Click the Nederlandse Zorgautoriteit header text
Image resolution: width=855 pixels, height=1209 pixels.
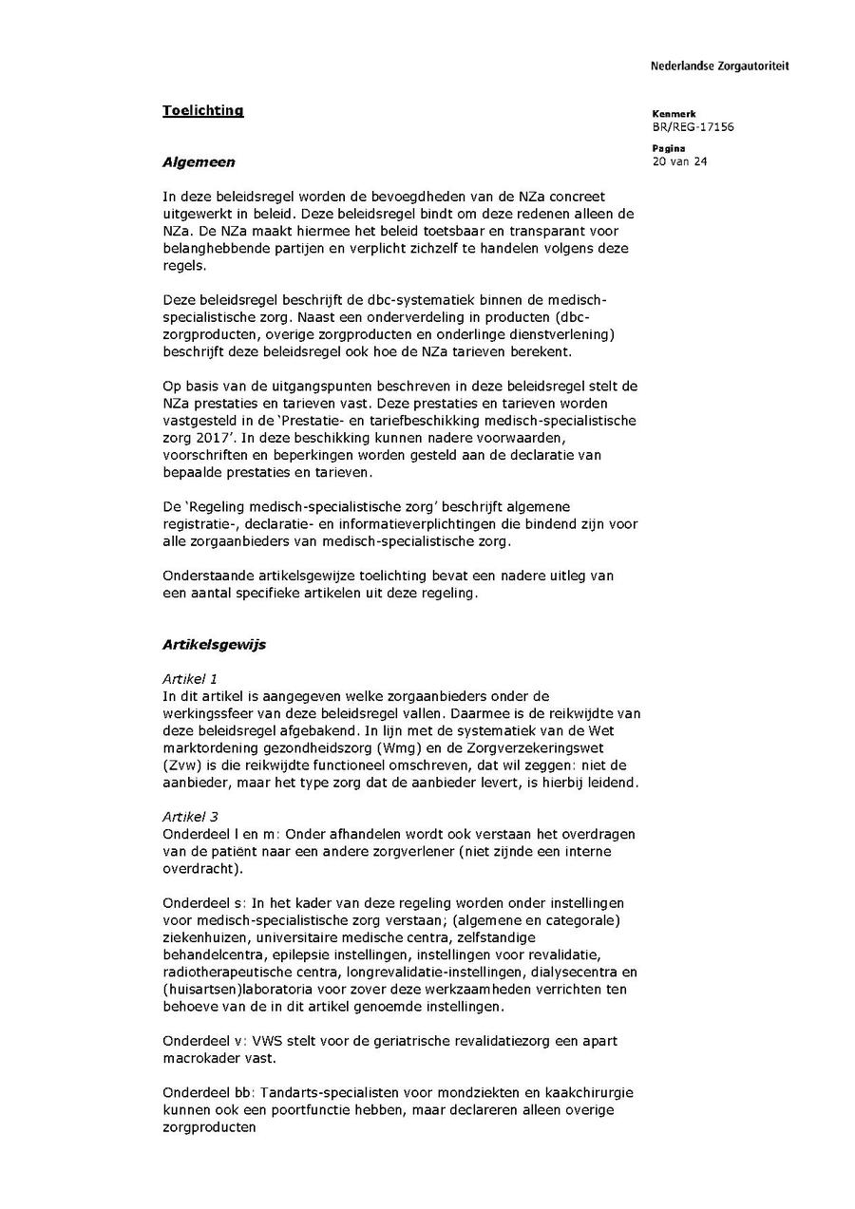click(719, 66)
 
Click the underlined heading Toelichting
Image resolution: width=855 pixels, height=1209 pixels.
click(202, 110)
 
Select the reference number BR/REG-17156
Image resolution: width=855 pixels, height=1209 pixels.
click(693, 127)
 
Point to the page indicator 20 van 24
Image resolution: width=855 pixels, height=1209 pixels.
click(679, 161)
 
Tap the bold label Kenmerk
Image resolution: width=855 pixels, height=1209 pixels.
click(674, 114)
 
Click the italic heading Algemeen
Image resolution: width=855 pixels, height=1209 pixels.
click(199, 162)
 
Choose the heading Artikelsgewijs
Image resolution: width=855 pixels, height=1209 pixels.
click(214, 645)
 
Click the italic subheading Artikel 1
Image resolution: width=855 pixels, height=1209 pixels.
click(190, 679)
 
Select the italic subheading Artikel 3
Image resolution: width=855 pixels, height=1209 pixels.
click(190, 817)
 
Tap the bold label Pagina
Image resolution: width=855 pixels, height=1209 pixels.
click(669, 148)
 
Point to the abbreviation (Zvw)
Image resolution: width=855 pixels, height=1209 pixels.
click(181, 765)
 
